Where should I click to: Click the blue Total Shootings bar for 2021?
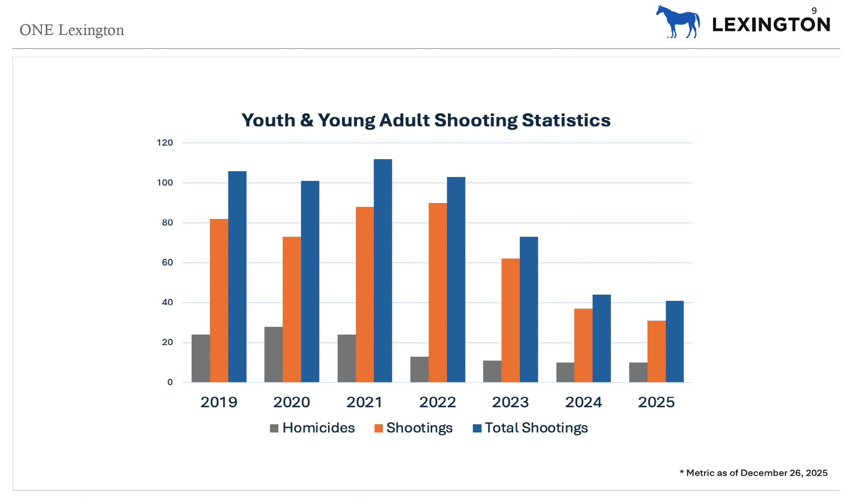(383, 271)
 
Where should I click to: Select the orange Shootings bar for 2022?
(438, 292)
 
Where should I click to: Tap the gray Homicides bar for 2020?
(273, 354)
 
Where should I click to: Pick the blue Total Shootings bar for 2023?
(528, 310)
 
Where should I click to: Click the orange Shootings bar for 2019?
(219, 301)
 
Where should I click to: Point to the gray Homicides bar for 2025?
(638, 372)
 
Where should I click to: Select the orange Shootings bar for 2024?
(583, 345)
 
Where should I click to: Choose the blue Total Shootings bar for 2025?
(674, 342)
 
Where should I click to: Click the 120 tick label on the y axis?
(165, 143)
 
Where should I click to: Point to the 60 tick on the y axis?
(167, 263)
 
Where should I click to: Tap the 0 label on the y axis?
(170, 382)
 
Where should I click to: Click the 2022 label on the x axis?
(437, 402)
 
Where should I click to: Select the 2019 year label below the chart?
(219, 402)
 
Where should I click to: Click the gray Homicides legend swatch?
(274, 428)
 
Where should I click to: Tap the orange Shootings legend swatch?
(378, 428)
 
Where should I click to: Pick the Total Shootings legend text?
(536, 428)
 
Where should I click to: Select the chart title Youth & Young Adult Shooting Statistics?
(426, 120)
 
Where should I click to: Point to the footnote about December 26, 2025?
(753, 473)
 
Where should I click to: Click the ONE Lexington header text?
(72, 30)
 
